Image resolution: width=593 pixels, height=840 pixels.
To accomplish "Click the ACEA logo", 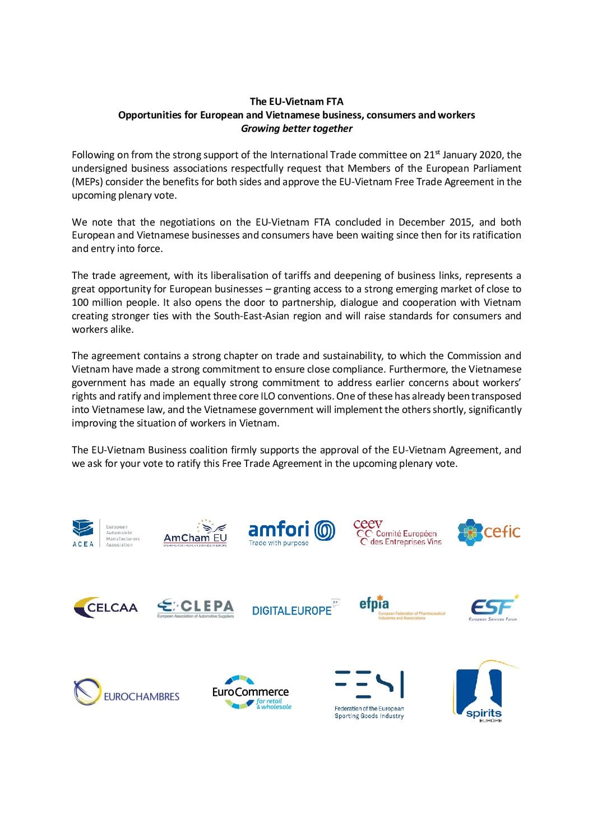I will [105, 533].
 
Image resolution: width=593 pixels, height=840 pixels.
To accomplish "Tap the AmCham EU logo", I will [195, 533].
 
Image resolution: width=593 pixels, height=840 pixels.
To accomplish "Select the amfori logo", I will [291, 533].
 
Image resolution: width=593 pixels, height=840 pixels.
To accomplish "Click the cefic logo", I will [488, 532].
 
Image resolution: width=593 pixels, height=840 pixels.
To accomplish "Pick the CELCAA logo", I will [105, 607].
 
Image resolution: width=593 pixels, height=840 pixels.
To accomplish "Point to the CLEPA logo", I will [195, 608].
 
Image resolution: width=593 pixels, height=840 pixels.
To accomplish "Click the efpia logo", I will [401, 607].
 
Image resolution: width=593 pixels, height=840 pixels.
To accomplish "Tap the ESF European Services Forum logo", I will [493, 608].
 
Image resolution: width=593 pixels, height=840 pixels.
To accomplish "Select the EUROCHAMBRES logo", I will [127, 693].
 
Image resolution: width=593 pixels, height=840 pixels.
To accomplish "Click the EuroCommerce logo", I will [251, 693].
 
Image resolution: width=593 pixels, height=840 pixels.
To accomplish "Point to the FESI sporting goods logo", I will [369, 694].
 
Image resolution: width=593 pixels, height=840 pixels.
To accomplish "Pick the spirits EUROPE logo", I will [484, 691].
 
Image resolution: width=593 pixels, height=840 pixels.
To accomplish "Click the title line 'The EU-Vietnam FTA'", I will [296, 102].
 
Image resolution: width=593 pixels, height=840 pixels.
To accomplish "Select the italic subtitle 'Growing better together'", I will [296, 128].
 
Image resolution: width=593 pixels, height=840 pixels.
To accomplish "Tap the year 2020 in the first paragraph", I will [492, 155].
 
